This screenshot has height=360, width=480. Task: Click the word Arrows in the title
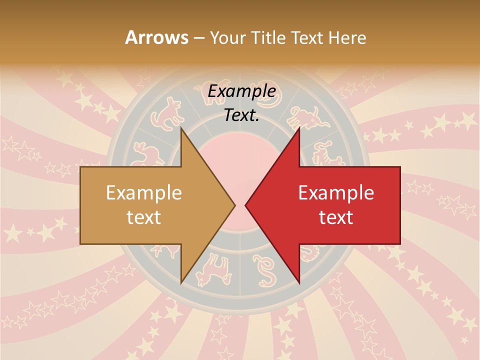click(156, 38)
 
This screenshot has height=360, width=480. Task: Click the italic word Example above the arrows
click(241, 91)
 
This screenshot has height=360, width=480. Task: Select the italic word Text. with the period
click(241, 115)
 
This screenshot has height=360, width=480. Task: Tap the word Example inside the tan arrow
click(144, 193)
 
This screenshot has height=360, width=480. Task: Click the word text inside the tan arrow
click(144, 217)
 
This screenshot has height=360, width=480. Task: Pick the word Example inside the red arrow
click(336, 193)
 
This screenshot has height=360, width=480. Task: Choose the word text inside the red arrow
click(336, 217)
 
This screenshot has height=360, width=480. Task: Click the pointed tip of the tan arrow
click(234, 205)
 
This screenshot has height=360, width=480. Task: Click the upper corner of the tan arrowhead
click(181, 128)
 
